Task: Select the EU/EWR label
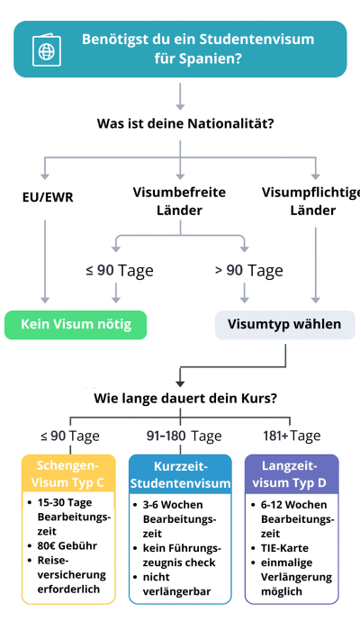point(48,195)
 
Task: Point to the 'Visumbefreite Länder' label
point(179,202)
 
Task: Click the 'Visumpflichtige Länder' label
point(310,202)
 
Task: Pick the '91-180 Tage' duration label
point(184,436)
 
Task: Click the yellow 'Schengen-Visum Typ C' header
point(69,474)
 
